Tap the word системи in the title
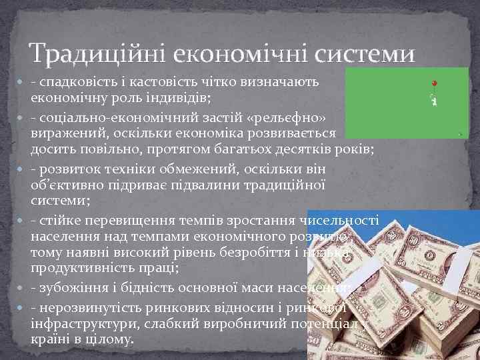tap(367, 53)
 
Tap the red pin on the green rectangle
tap(433, 85)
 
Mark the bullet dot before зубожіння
tap(24, 288)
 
